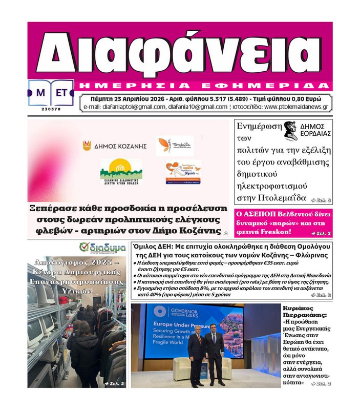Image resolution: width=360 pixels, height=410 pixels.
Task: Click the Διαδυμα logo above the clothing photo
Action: (x=103, y=248)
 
